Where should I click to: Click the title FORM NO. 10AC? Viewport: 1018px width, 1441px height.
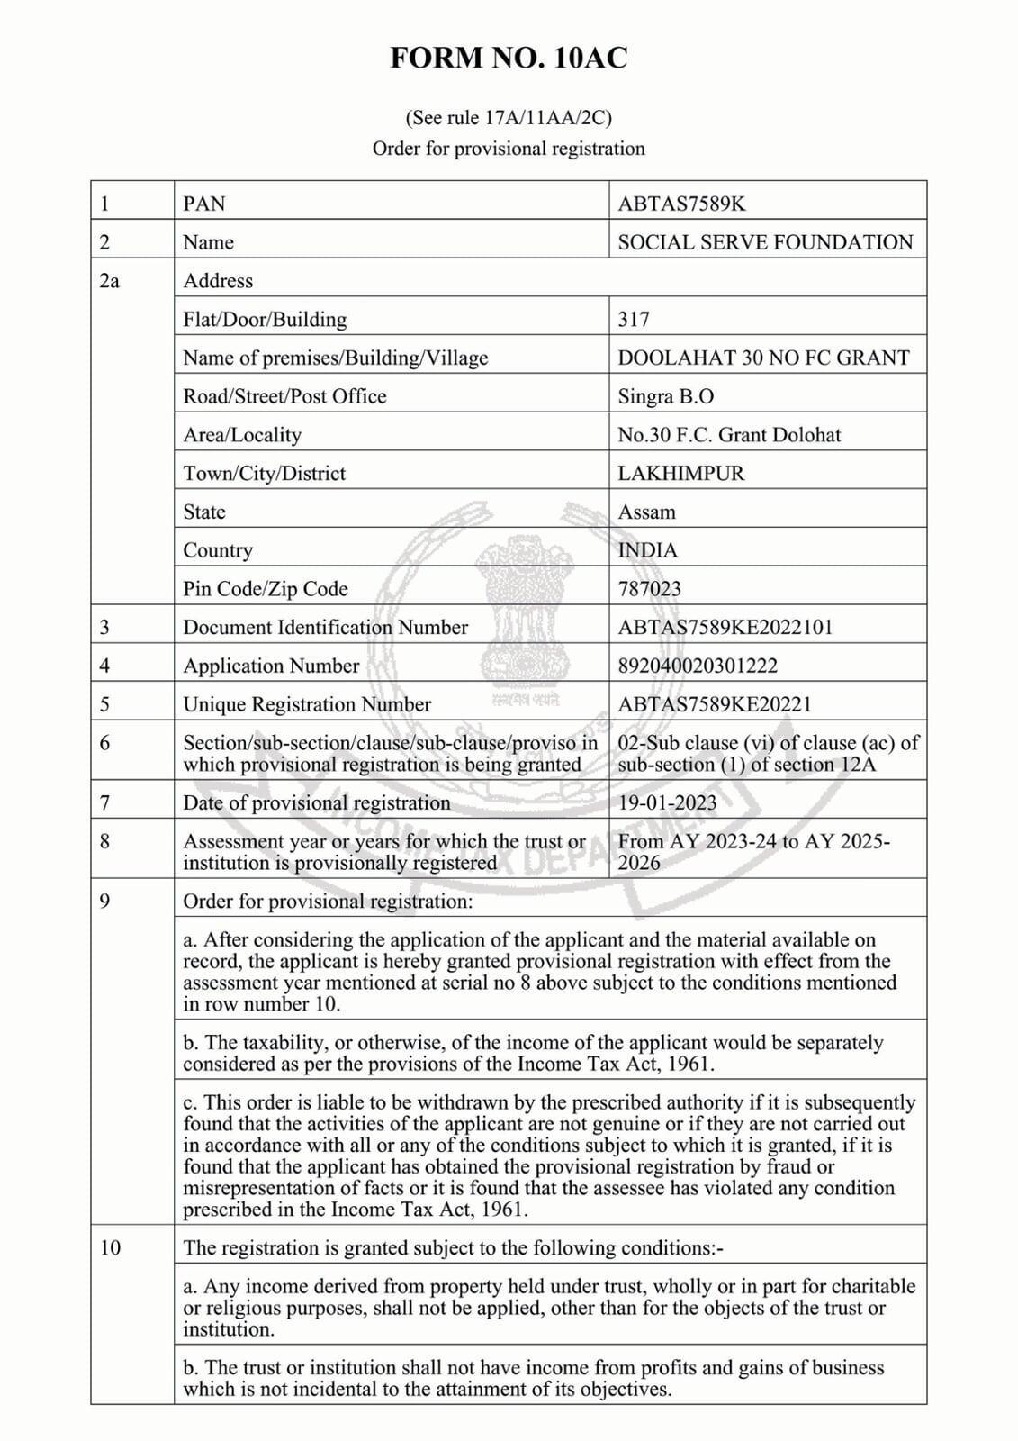tap(509, 59)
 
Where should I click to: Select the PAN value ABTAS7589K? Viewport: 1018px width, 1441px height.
tap(681, 204)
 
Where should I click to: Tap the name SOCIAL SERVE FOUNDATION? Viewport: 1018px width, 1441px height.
tap(765, 242)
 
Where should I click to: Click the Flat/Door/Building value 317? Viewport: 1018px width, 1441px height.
tap(634, 320)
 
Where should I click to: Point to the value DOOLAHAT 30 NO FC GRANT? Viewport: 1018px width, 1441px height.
tap(763, 358)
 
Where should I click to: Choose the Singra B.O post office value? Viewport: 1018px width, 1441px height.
tap(666, 396)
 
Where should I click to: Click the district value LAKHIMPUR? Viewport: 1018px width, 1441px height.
tap(681, 474)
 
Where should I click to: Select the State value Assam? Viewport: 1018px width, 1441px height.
tap(646, 512)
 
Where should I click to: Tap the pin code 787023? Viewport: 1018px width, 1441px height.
tap(650, 589)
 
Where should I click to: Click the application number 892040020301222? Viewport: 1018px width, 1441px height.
tap(698, 666)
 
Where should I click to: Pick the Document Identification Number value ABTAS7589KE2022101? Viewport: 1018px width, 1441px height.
tap(725, 628)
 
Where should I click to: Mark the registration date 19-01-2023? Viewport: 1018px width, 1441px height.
tap(668, 803)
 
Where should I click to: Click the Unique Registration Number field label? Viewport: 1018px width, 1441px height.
tap(307, 704)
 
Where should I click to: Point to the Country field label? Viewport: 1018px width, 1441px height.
tap(218, 550)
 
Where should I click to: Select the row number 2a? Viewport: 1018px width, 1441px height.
tap(109, 281)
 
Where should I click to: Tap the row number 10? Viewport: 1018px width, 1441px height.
tap(109, 1248)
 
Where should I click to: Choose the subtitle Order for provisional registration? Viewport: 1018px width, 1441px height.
tap(509, 149)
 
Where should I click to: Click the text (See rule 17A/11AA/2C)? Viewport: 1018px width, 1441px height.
tap(509, 118)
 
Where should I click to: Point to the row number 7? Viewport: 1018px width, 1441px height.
tap(104, 803)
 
